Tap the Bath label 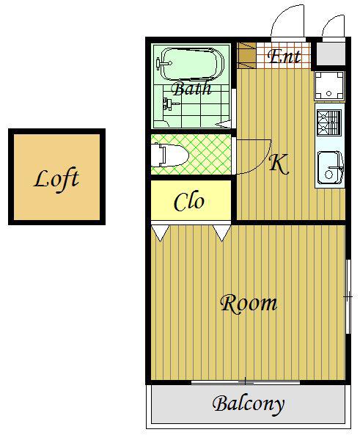click(x=191, y=88)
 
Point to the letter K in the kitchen click(x=279, y=164)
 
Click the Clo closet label click(x=189, y=201)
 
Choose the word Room click(x=249, y=304)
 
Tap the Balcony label click(x=249, y=405)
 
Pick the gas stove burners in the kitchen click(x=329, y=123)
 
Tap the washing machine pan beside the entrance click(x=329, y=86)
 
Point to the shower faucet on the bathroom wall click(x=170, y=104)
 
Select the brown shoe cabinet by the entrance click(x=246, y=56)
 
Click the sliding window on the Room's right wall click(x=348, y=296)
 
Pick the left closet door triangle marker click(x=161, y=233)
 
